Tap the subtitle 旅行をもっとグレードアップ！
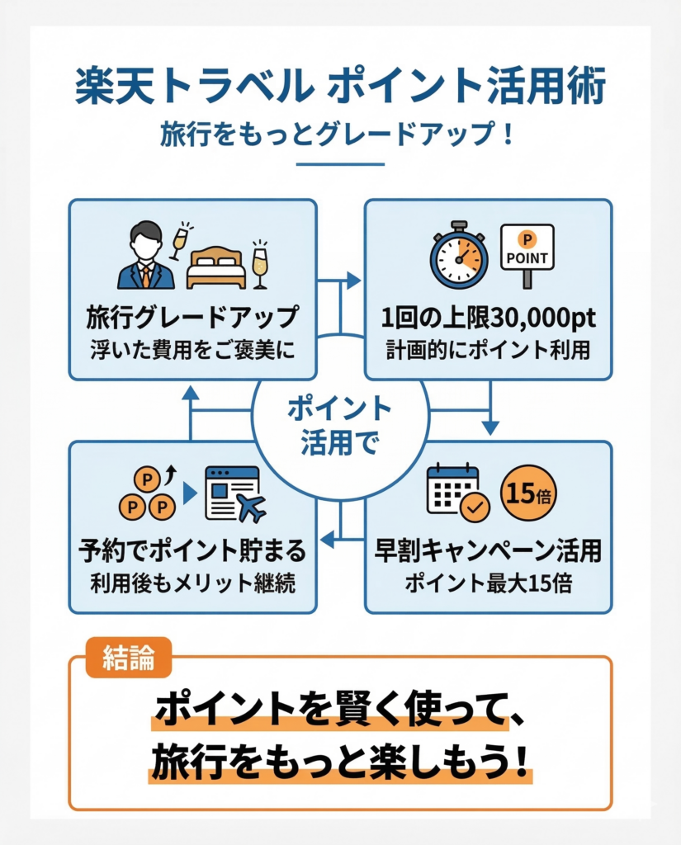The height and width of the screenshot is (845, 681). (339, 135)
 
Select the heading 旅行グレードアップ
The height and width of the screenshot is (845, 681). (192, 318)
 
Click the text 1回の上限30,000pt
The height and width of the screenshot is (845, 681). (489, 318)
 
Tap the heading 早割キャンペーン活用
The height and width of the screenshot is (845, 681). (488, 550)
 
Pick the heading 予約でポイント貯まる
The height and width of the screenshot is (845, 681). (192, 550)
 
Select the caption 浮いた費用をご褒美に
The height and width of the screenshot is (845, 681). (192, 349)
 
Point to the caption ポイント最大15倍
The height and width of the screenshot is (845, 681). (488, 581)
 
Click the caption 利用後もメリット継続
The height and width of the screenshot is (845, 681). (192, 582)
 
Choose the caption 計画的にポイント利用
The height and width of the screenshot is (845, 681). (489, 349)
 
